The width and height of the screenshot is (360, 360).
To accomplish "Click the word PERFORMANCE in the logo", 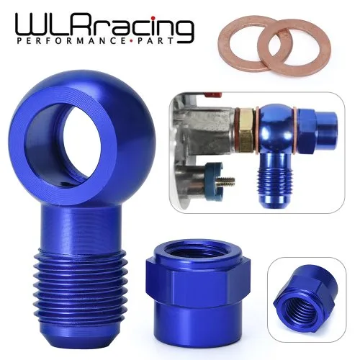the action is tap(73, 41).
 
